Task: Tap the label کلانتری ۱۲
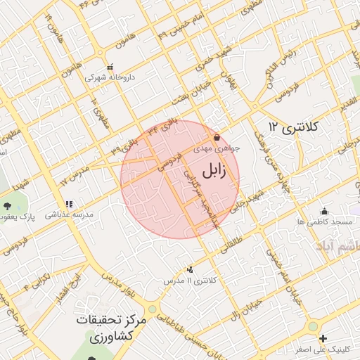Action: click(293, 127)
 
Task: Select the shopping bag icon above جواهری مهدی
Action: click(217, 137)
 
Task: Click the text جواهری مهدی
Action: click(224, 148)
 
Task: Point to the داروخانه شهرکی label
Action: click(109, 77)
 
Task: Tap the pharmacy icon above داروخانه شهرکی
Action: click(108, 66)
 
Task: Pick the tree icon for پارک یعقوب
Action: click(7, 206)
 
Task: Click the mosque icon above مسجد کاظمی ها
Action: click(323, 211)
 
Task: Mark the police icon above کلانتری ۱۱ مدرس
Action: click(191, 269)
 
